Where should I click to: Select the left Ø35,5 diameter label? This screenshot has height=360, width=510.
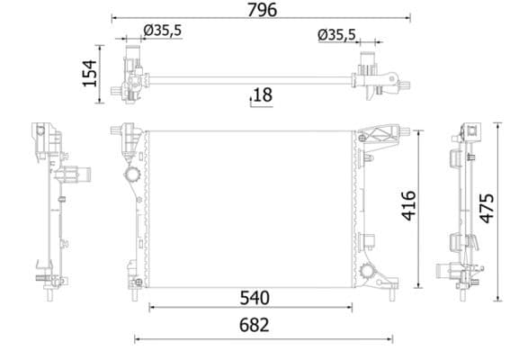point(163,31)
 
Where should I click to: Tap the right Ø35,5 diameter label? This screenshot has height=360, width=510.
point(337,35)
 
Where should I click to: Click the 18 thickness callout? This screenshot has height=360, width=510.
point(262,94)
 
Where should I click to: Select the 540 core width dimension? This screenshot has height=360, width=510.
point(255,295)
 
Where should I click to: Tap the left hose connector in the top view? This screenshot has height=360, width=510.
point(131,63)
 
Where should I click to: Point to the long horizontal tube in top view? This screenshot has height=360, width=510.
point(252,83)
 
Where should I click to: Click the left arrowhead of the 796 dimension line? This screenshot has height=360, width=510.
point(113,17)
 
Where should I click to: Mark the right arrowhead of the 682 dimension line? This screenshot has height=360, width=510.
point(390,339)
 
